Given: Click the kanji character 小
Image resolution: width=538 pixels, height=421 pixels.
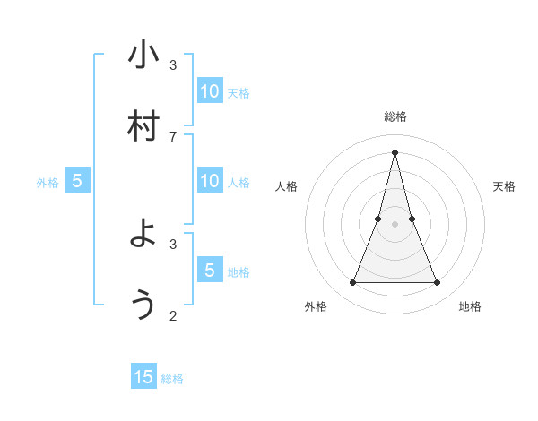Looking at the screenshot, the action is [143, 56].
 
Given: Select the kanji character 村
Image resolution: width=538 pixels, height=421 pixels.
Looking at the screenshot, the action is [143, 126].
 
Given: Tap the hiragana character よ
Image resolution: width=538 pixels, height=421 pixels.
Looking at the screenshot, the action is [143, 234].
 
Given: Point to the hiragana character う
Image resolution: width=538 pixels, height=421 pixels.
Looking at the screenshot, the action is [143, 305].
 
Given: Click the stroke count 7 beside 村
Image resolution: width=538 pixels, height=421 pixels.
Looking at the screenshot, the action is [173, 136].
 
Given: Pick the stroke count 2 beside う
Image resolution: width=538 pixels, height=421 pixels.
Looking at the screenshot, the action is [173, 315].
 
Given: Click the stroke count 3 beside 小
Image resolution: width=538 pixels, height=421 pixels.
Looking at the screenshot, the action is [173, 64].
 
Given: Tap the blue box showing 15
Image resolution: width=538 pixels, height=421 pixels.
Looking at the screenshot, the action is [143, 377].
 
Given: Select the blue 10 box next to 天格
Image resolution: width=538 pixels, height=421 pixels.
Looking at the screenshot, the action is [210, 90].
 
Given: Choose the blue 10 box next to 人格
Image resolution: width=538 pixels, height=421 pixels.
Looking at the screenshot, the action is [210, 181].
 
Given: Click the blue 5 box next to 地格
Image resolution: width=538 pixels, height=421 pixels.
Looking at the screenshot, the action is [210, 270].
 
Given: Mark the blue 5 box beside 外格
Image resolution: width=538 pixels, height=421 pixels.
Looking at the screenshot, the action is [77, 181].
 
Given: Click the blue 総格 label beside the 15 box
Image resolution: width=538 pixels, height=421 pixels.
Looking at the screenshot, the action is [172, 379].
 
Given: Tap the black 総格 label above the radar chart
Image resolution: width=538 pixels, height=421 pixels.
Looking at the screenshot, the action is [395, 116].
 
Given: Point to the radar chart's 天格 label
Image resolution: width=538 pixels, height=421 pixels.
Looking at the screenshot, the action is [504, 186].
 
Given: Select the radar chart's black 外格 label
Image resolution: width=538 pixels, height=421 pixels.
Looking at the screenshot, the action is [316, 306].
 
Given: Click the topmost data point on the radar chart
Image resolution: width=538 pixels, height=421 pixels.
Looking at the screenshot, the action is [395, 152].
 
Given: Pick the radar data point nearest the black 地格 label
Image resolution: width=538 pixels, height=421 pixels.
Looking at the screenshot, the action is [438, 283].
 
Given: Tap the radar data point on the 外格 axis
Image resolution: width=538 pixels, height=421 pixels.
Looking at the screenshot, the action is [352, 283].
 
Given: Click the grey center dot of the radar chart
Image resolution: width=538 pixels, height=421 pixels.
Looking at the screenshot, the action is [395, 224].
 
